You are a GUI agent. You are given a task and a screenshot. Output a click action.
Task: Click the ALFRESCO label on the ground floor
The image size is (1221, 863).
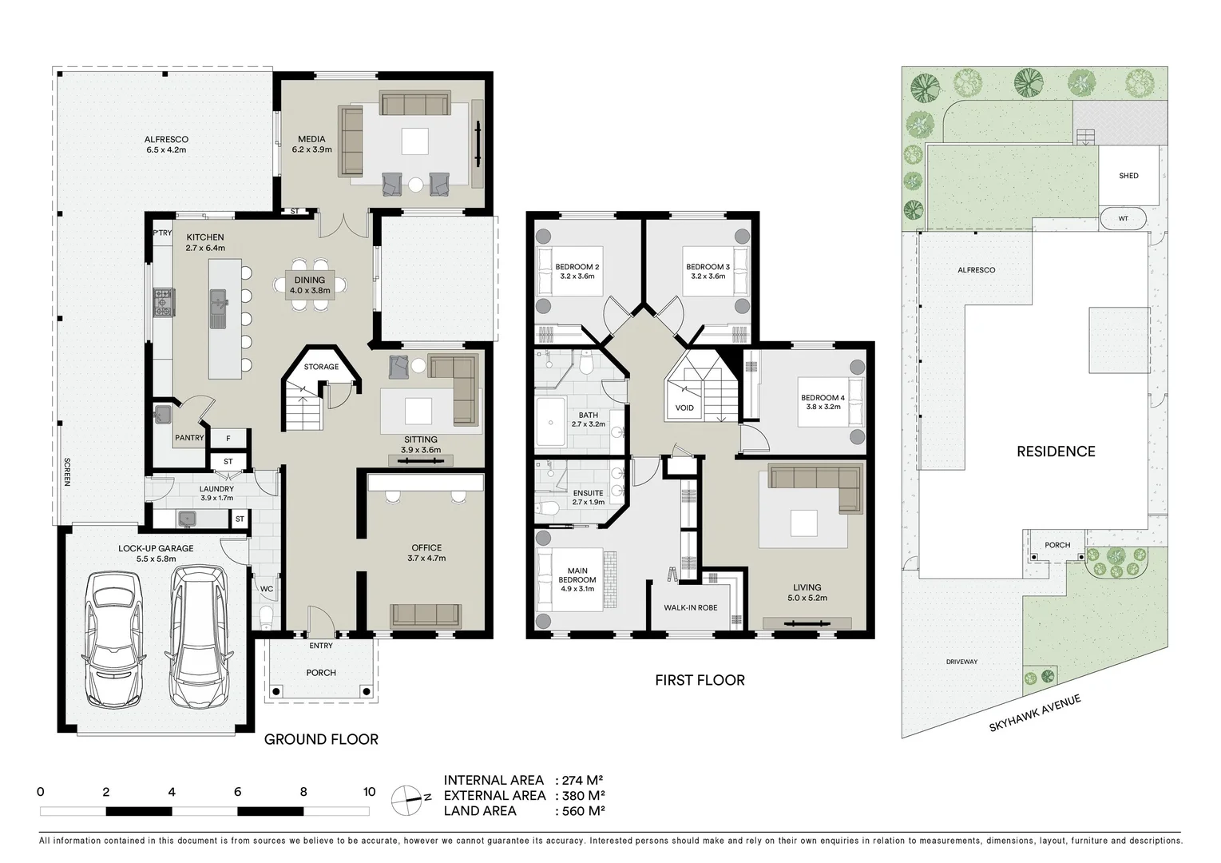[x=166, y=145]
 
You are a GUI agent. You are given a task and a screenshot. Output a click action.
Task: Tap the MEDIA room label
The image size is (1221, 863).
[x=311, y=145]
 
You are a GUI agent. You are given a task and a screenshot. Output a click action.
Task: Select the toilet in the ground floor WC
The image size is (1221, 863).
[x=266, y=617]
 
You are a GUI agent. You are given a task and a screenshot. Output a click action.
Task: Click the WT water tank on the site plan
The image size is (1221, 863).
[x=1123, y=218]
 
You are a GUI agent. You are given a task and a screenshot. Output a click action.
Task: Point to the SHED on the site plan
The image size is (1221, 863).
[x=1128, y=176]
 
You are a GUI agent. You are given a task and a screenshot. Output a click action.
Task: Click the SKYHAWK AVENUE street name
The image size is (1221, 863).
[x=1034, y=713]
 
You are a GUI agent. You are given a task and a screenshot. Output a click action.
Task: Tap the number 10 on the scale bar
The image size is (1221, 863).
[x=369, y=792]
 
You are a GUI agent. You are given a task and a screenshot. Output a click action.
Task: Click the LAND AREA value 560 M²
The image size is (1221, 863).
[x=580, y=811]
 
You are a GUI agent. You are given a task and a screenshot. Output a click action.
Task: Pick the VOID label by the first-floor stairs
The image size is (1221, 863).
[x=684, y=408]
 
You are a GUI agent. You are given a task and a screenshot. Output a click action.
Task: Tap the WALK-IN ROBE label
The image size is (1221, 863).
[x=690, y=608]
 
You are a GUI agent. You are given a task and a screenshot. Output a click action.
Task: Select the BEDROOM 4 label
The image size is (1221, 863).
[x=822, y=402]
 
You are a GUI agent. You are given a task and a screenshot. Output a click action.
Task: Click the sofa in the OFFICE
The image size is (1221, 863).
[x=425, y=615]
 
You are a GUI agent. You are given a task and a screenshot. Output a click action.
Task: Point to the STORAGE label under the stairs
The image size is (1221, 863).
[x=321, y=367]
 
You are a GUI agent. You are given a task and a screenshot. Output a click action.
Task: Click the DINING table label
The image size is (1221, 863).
[x=310, y=284]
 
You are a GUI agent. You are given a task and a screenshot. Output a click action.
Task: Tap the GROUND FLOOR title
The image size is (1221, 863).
[x=321, y=739]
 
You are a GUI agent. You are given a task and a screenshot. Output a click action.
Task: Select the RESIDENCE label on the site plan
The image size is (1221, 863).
[x=1056, y=451]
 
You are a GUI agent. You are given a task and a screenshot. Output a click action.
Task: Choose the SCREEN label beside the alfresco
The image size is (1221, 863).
[x=67, y=471]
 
